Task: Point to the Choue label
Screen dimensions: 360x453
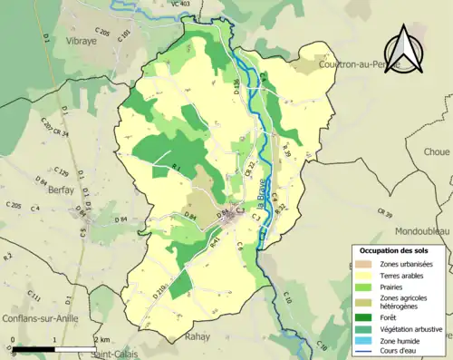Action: coord(436,153)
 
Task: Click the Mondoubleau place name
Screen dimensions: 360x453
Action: coord(410,232)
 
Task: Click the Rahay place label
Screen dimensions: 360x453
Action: coord(197,336)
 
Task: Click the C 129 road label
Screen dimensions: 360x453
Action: coord(62,171)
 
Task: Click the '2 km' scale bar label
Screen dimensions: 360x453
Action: coord(101,339)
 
